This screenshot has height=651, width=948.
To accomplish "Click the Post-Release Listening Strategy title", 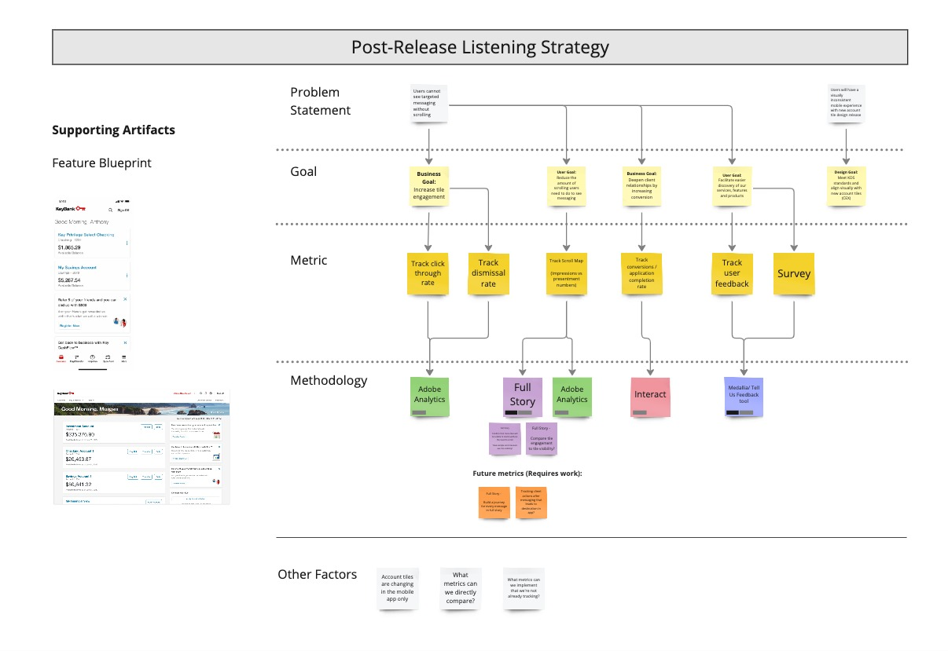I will pyautogui.click(x=480, y=47).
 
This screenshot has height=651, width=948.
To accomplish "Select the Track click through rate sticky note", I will pyautogui.click(x=428, y=273).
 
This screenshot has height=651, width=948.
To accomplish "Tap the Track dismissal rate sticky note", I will pyautogui.click(x=488, y=273).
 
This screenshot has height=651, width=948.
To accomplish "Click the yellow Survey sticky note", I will pyautogui.click(x=793, y=273).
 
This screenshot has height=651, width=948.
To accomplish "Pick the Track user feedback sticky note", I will pyautogui.click(x=732, y=273).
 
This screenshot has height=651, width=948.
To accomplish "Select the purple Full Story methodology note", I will pyautogui.click(x=522, y=396).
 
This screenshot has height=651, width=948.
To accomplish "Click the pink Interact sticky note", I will pyautogui.click(x=650, y=396).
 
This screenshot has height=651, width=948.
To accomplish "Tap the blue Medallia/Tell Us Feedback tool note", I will pyautogui.click(x=744, y=396).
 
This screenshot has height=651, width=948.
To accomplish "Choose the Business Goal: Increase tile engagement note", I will pyautogui.click(x=429, y=186).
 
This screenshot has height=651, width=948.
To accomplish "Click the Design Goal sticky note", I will pyautogui.click(x=846, y=186).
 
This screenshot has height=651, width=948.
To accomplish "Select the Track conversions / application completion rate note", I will pyautogui.click(x=641, y=273).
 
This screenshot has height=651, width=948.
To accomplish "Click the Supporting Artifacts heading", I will pyautogui.click(x=113, y=130).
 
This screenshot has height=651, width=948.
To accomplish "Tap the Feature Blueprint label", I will pyautogui.click(x=101, y=163).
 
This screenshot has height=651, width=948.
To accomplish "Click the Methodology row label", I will pyautogui.click(x=329, y=381).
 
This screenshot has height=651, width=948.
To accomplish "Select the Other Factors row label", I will pyautogui.click(x=317, y=575).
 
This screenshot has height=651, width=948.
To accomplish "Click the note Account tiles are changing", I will pyautogui.click(x=397, y=588).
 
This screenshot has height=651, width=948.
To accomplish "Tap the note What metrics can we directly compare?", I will pyautogui.click(x=460, y=588).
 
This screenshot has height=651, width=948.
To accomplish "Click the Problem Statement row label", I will pyautogui.click(x=320, y=101).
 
